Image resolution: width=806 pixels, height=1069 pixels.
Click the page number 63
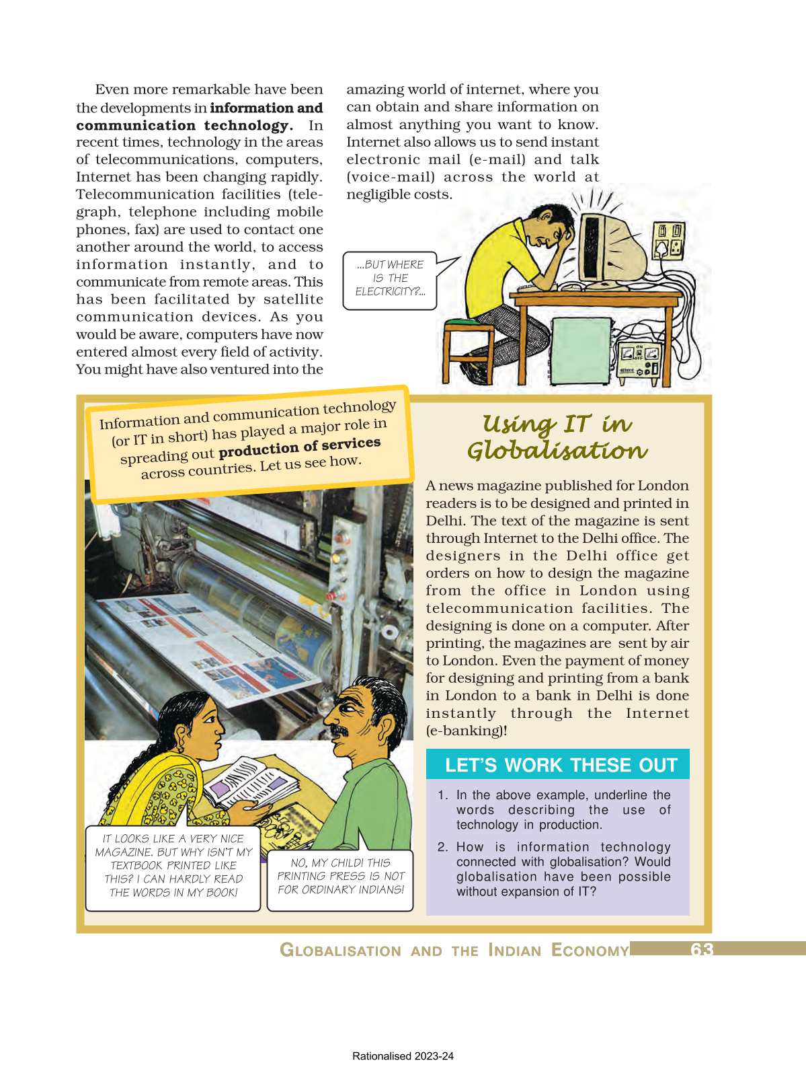point(701,949)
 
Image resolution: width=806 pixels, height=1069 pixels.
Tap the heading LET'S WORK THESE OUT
point(561,765)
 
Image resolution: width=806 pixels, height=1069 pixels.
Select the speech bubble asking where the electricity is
point(390,279)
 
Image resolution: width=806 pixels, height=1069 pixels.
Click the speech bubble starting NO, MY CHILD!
point(340,877)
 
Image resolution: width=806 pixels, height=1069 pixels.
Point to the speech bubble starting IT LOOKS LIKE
point(173,866)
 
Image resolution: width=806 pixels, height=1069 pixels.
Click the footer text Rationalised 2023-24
point(403,1056)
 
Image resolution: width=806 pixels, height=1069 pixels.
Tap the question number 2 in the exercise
point(442,847)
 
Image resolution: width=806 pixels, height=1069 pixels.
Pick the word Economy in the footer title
point(590,950)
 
